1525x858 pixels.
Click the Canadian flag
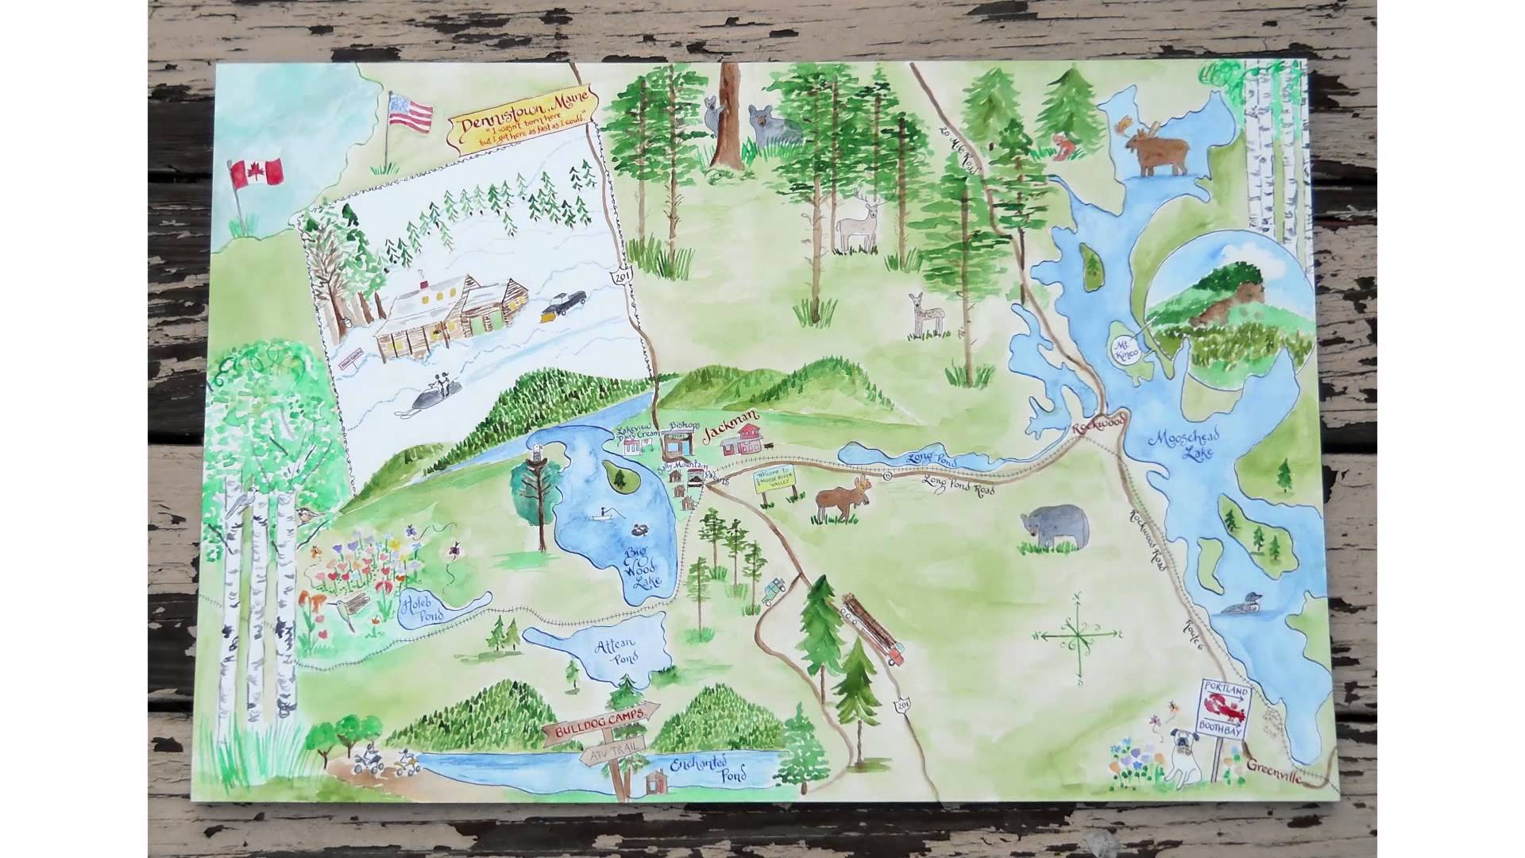point(257,172)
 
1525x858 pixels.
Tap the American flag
point(411,112)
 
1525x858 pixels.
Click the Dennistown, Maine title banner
point(522,117)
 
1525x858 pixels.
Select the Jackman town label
point(732,420)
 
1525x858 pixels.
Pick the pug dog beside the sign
point(1183,756)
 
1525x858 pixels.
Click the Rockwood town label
point(1099,425)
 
